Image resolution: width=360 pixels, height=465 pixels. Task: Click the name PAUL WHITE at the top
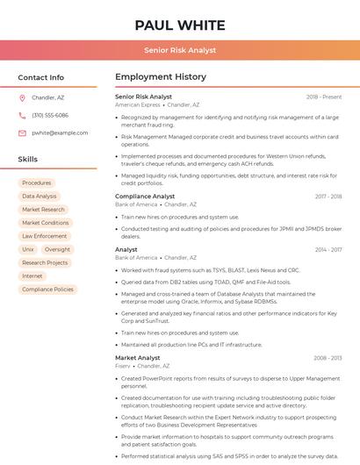coord(180,25)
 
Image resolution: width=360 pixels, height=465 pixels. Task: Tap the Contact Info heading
coord(41,77)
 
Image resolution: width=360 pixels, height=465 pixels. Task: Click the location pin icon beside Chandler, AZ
coord(22,97)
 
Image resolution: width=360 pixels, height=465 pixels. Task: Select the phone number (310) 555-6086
coord(50,115)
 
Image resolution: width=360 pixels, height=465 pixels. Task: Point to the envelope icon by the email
coord(22,132)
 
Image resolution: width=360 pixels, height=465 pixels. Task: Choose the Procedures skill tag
coord(37,182)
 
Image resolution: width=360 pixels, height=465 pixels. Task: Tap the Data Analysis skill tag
coord(40,197)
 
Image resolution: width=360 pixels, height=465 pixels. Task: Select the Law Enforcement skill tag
coord(45,236)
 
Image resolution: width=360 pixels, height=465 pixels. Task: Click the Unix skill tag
coord(28,249)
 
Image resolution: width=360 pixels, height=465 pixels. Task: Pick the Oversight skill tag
coord(57,249)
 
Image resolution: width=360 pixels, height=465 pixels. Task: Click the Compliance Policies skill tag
coord(48,289)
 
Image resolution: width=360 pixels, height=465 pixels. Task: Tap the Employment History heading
coord(161,77)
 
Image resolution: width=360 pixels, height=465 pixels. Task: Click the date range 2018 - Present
coord(324,97)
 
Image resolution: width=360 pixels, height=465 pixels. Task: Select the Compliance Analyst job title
coord(145,197)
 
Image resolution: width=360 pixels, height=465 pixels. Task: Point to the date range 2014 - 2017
coord(328,250)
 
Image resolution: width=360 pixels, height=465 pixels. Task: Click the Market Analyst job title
coord(138,358)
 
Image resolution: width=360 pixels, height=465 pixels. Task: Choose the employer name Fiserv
coord(123,366)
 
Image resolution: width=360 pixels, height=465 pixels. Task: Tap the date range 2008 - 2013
coord(328,358)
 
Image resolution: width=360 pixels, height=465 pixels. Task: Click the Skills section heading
coord(28,160)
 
